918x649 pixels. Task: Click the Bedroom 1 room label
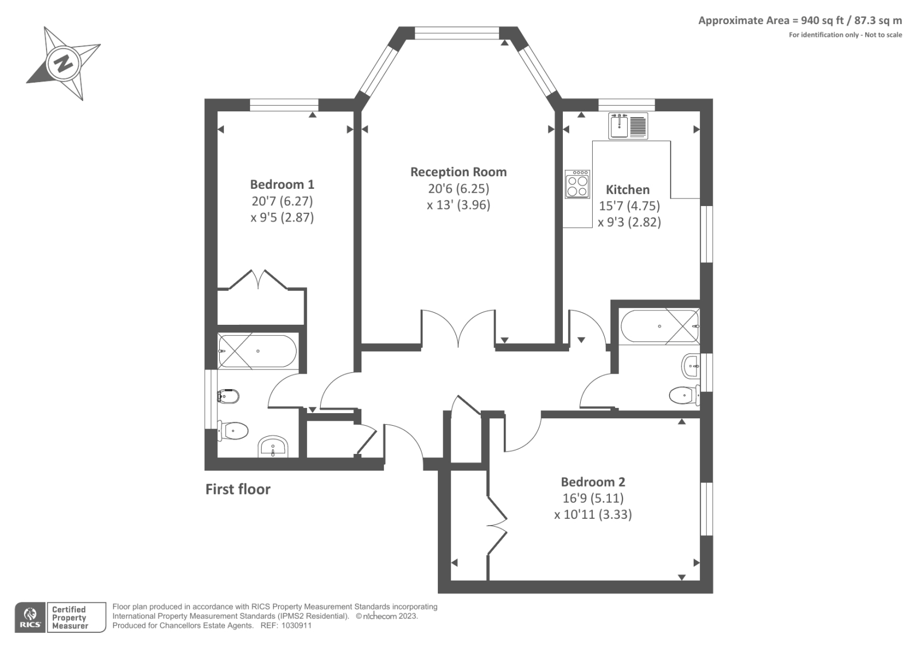point(282,184)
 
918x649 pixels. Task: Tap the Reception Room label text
point(458,172)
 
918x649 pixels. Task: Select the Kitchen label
point(628,189)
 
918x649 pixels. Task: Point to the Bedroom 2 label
point(593,482)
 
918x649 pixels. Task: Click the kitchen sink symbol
point(628,126)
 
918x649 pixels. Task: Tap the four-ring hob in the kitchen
point(577,184)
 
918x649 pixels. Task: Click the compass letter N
point(63,62)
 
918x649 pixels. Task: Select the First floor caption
point(238,489)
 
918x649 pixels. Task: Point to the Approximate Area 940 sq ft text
point(800,21)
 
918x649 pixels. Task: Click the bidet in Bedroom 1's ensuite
point(228,395)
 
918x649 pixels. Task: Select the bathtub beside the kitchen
point(659,326)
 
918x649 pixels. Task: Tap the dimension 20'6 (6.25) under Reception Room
point(458,188)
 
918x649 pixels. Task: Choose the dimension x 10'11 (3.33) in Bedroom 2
point(593,514)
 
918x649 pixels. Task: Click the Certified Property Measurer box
point(77,617)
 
